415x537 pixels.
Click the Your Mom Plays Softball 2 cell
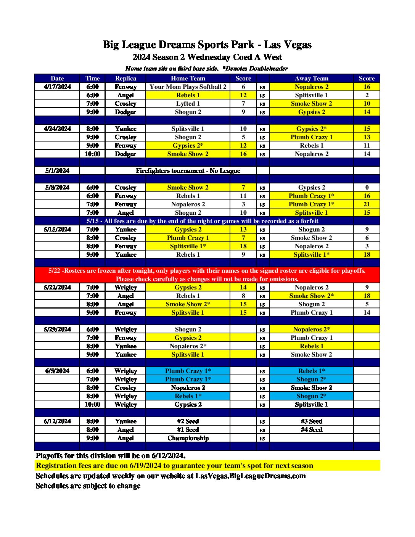[188, 87]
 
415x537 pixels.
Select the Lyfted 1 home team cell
[188, 104]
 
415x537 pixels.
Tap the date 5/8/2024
[57, 188]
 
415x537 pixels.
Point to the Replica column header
[125, 79]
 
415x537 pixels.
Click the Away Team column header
[311, 79]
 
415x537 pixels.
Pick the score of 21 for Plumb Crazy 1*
[367, 204]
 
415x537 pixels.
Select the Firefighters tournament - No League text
[188, 171]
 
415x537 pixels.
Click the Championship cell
[188, 438]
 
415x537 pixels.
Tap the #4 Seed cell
[311, 430]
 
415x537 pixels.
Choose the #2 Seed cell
[188, 421]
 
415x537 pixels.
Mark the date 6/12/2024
[57, 421]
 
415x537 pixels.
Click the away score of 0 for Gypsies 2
[367, 188]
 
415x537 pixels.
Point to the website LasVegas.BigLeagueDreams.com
[250, 476]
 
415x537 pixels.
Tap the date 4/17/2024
[57, 87]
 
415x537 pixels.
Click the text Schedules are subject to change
[88, 486]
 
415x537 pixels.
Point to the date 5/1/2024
[57, 171]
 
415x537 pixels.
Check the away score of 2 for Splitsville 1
[367, 95]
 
